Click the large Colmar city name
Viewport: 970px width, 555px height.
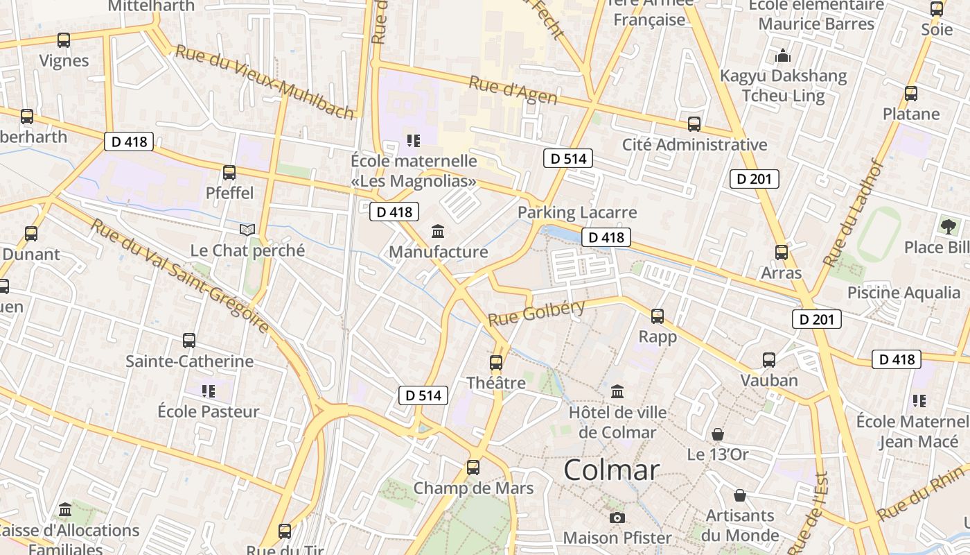point(611,470)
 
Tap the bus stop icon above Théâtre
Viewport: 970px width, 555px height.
point(496,362)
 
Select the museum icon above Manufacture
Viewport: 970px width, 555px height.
point(438,231)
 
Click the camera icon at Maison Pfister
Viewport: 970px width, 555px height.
point(617,518)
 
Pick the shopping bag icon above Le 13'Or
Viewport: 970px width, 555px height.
point(718,434)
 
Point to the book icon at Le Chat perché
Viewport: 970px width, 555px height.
point(247,230)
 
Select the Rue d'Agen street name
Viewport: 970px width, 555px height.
point(513,91)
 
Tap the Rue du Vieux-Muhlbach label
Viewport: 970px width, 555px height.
point(265,82)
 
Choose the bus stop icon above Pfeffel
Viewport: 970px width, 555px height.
point(229,172)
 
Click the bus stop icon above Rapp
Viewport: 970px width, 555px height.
point(658,316)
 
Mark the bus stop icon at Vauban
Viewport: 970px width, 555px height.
point(769,360)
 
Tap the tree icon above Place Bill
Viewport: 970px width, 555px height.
point(948,226)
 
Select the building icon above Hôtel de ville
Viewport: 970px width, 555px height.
point(617,392)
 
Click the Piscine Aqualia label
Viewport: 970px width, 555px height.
point(903,293)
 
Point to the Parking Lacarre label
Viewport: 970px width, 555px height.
point(577,212)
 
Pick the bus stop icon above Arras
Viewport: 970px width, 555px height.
point(782,253)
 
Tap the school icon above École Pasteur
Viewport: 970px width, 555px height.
point(209,391)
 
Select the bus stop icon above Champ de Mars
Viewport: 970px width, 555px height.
point(473,468)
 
